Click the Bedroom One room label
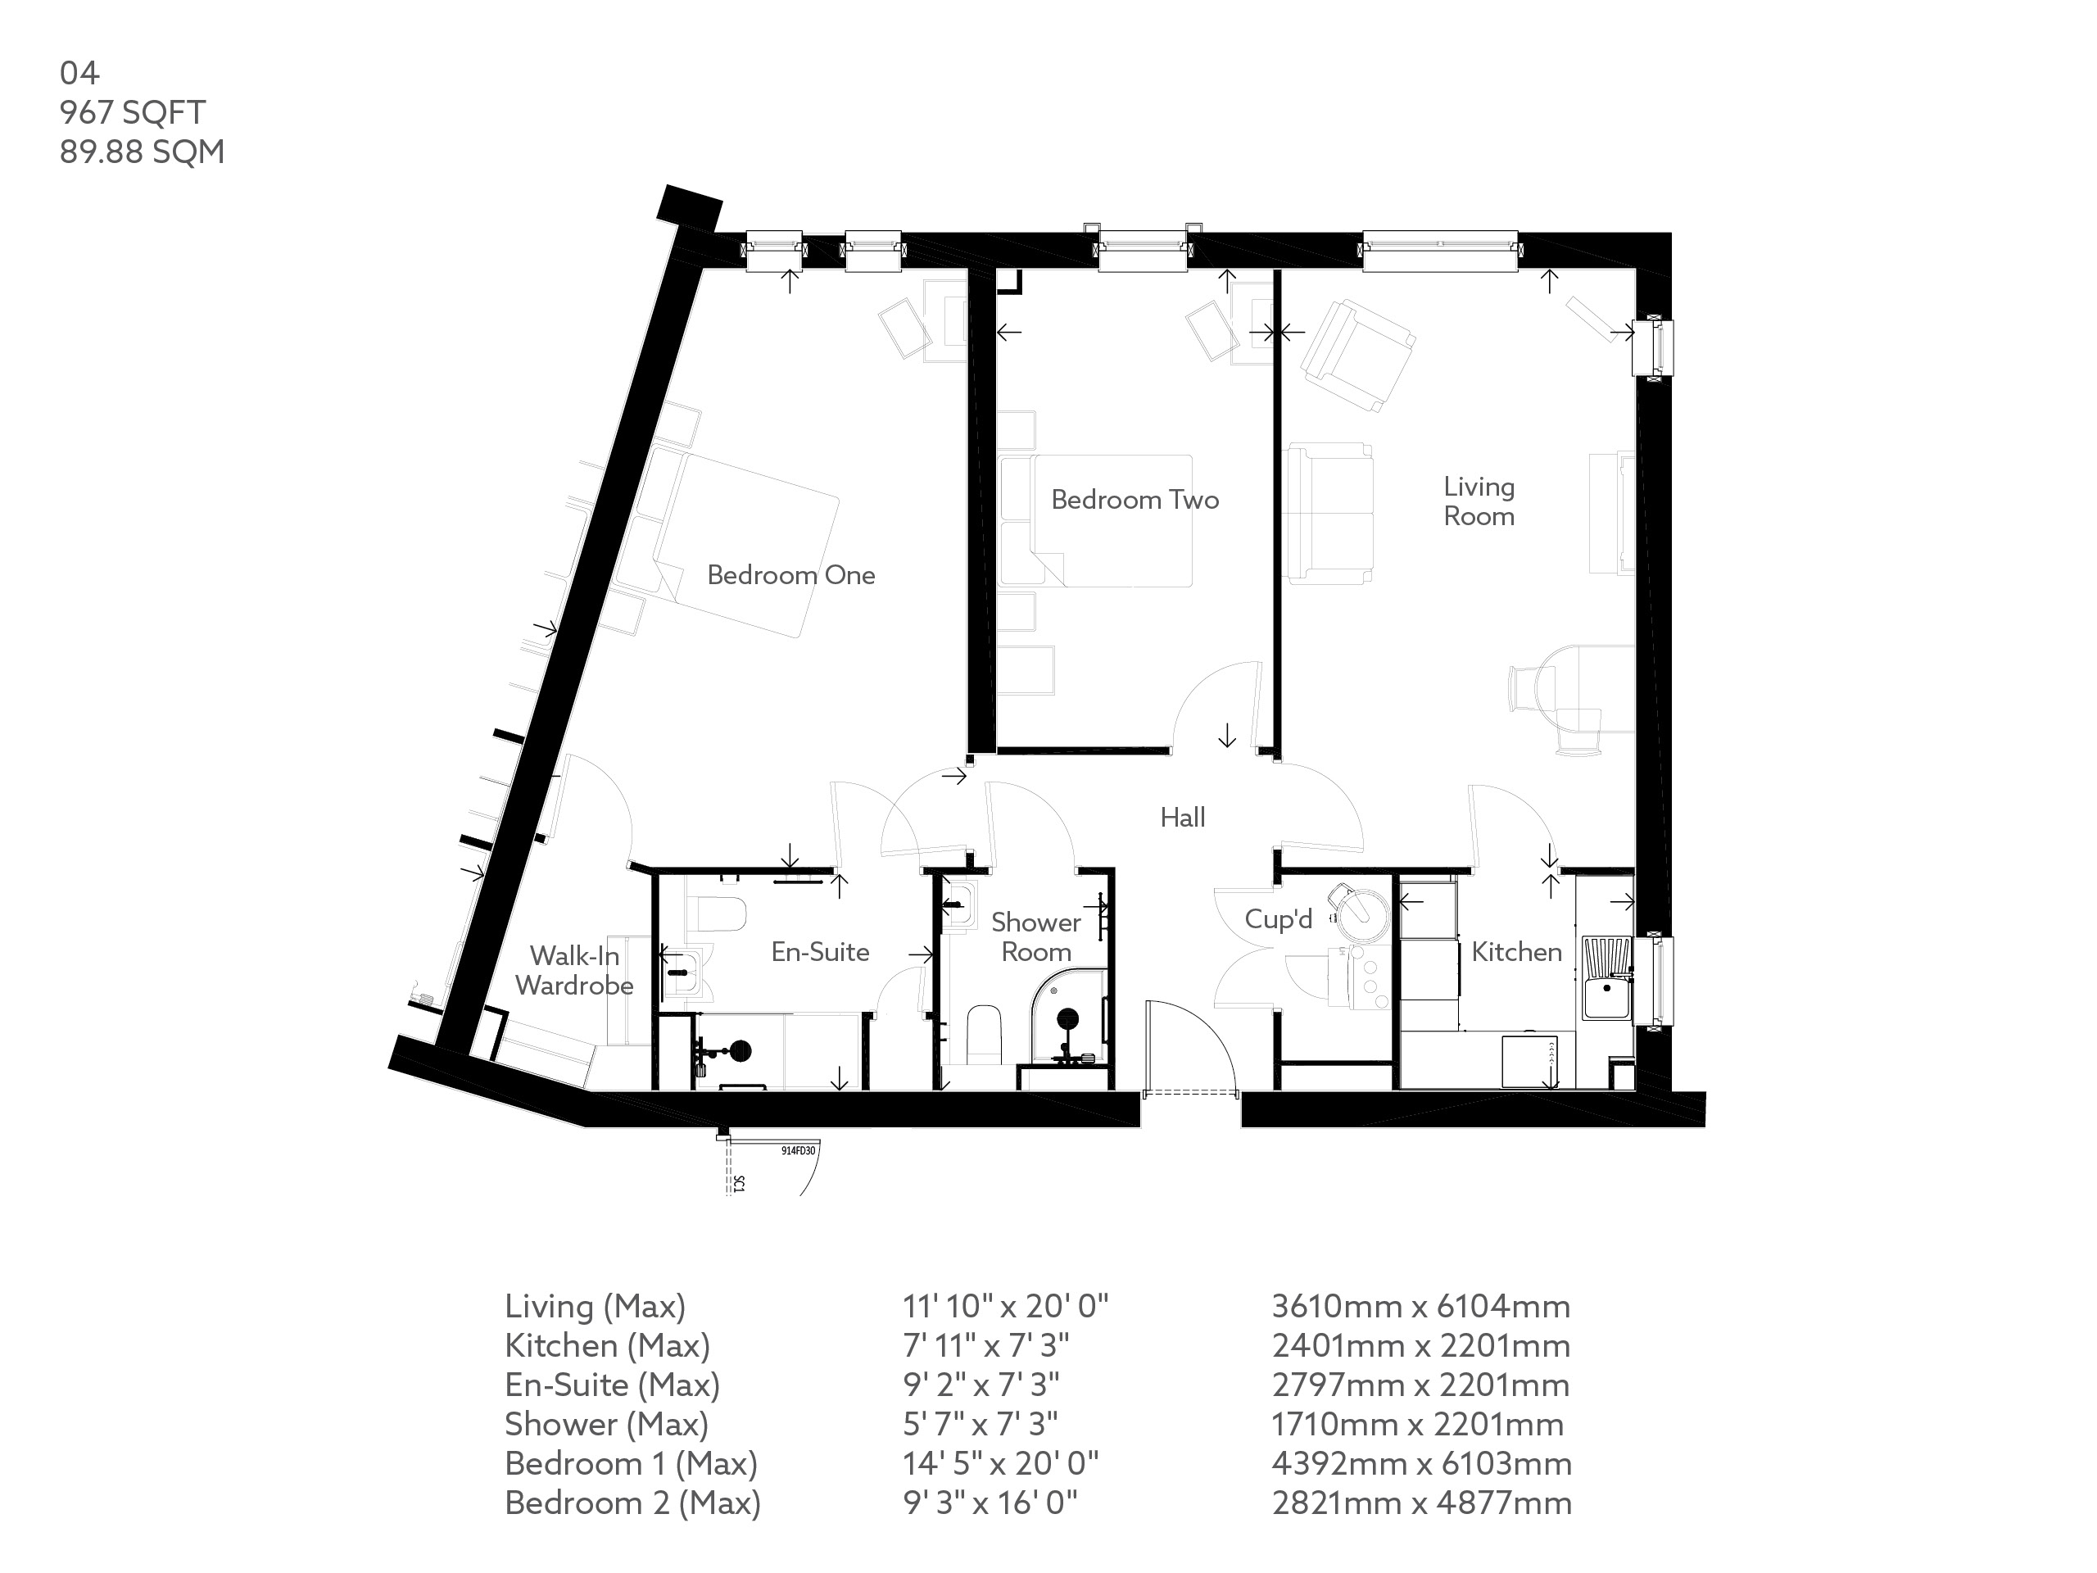pos(790,574)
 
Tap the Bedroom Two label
pos(1135,500)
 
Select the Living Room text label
pos(1478,501)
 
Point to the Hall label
pos(1182,818)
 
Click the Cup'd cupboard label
pos(1278,918)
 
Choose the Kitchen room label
pos(1516,952)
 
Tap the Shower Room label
pos(1035,936)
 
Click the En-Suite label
pos(820,952)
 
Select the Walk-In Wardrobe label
pos(574,971)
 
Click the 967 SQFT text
pos(133,113)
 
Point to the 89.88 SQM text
pos(143,152)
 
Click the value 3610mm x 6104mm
pos(1420,1307)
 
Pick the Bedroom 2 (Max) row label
pos(632,1503)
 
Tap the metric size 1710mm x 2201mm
pos(1417,1424)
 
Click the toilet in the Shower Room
pos(984,1036)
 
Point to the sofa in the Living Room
pos(1329,513)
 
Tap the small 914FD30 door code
pos(797,1151)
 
